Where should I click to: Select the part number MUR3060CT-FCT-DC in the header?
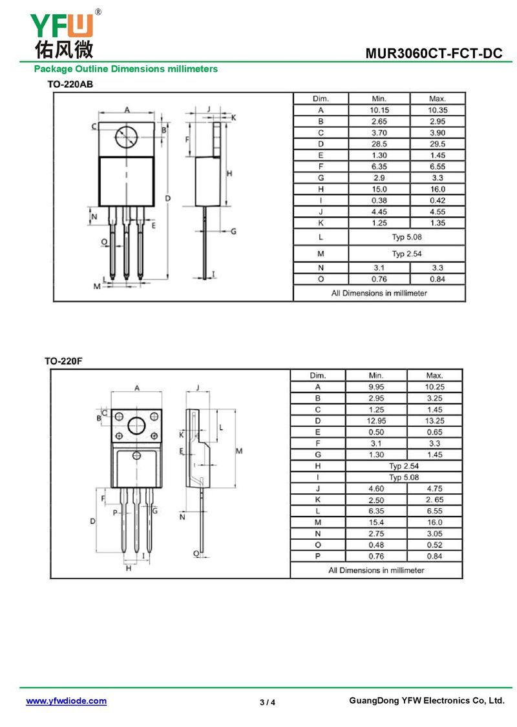433,54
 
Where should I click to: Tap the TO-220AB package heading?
70,84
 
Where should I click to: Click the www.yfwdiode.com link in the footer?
66,701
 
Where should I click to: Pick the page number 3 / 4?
267,702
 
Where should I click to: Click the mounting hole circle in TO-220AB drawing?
126,137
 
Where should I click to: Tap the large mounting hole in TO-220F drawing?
137,425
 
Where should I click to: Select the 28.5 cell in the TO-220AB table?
379,143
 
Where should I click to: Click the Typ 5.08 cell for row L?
406,237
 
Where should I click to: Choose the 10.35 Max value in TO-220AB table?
437,110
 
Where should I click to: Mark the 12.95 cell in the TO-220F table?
375,420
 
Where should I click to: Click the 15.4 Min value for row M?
375,522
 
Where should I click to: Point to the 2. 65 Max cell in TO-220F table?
434,500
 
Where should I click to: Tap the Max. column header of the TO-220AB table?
437,99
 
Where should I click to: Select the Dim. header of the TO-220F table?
317,375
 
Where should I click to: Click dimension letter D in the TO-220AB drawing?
167,198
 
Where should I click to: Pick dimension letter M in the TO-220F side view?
238,451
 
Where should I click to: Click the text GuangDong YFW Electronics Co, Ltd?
426,701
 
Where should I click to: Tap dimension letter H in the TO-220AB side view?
229,173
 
